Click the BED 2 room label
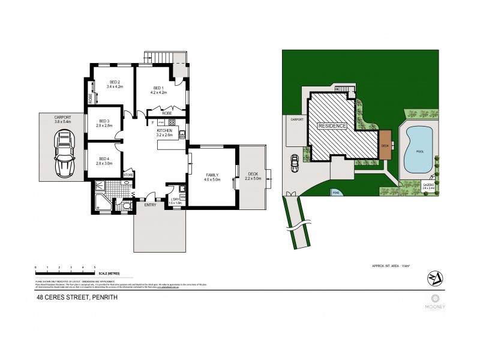(x=115, y=82)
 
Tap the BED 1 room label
(x=158, y=88)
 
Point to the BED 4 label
(x=105, y=158)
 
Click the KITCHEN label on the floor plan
(x=164, y=130)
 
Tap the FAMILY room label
(x=212, y=174)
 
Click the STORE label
(x=128, y=175)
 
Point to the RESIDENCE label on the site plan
(x=332, y=126)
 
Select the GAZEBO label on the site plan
(x=428, y=184)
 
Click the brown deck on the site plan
(x=385, y=145)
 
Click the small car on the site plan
(x=295, y=162)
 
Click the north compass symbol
(x=433, y=278)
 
